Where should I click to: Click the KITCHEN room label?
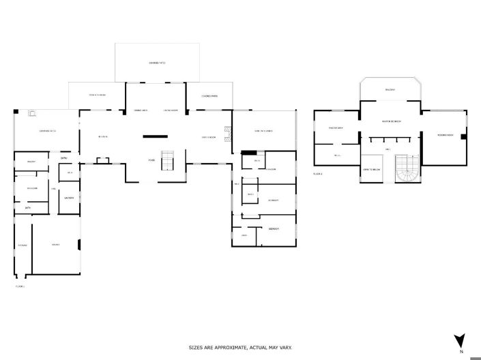(103, 137)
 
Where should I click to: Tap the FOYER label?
(151, 160)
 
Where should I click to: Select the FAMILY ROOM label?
(209, 137)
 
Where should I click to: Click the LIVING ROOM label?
(171, 110)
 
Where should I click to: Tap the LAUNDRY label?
(69, 198)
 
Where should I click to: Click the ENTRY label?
(63, 158)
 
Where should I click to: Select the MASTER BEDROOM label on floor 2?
(391, 122)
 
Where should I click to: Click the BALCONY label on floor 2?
(390, 89)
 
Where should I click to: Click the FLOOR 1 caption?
(20, 287)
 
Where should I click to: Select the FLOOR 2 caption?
(317, 175)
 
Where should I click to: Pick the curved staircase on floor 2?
(408, 170)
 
